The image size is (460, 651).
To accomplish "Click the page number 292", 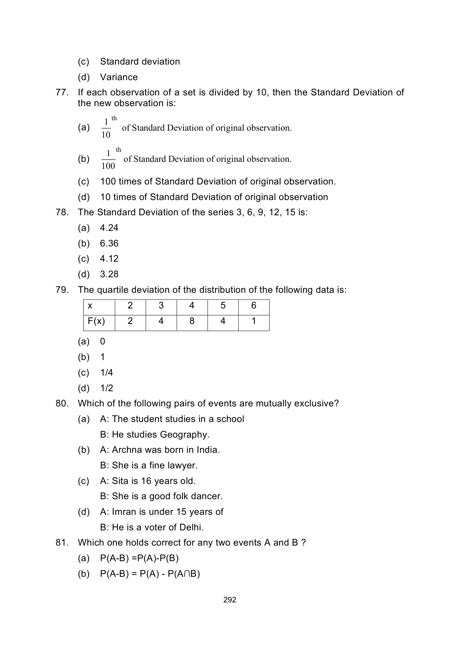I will (230, 600).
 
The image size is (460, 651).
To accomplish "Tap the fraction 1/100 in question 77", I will (108, 160).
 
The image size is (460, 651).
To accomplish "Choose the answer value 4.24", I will (109, 228).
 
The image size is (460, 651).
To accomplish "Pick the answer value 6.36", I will (109, 243).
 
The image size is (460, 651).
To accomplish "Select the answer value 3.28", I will (109, 274).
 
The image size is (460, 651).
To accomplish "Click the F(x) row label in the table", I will (96, 321).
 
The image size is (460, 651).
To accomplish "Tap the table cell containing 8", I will (192, 321).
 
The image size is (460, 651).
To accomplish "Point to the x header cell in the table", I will (90, 306).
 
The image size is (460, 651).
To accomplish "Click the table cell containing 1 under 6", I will (254, 321).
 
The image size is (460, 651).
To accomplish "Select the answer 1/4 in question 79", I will (106, 373).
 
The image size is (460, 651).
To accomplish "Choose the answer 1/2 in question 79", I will (106, 388).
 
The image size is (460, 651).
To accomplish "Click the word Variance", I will (119, 77).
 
